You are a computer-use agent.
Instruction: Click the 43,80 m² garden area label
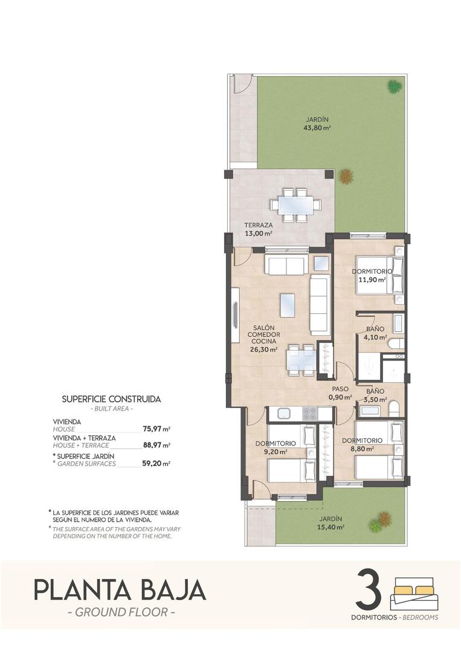pos(318,127)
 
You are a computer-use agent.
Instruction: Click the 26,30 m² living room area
pos(264,349)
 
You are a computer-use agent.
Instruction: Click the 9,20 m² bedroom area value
pos(275,451)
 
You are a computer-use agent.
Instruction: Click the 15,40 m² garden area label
pos(332,527)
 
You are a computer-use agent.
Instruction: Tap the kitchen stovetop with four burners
pos(309,414)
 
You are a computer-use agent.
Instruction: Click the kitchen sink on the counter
pos(282,414)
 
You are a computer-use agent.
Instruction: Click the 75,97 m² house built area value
pos(156,429)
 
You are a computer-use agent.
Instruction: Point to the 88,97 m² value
pos(156,445)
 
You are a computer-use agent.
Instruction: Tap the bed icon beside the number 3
pos(414,593)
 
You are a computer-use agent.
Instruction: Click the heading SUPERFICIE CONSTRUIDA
pos(112,399)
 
